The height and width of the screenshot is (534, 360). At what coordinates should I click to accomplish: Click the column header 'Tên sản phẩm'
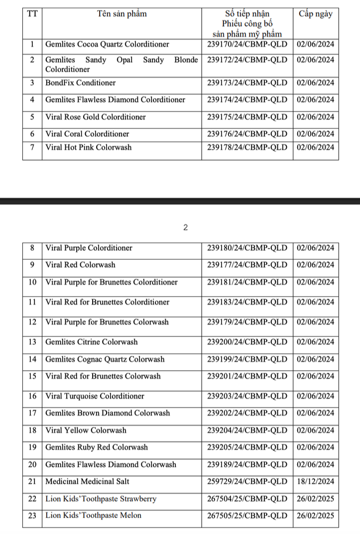tap(122, 14)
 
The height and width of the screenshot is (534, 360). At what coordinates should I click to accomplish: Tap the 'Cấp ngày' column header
tap(315, 14)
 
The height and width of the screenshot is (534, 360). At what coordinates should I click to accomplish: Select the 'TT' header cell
tap(32, 14)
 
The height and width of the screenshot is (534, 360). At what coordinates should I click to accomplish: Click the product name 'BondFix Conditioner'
tap(80, 83)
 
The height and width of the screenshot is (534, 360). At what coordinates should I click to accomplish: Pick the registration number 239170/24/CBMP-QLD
tap(247, 44)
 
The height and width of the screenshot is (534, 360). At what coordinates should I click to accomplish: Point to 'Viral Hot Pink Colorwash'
tap(89, 147)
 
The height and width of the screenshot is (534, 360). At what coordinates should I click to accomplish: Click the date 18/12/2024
tap(315, 482)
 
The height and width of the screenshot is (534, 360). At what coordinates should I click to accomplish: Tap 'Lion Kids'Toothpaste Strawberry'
tap(101, 499)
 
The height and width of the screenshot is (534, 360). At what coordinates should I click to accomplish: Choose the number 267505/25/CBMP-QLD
tap(247, 516)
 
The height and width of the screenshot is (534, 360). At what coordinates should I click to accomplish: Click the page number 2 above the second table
tap(185, 228)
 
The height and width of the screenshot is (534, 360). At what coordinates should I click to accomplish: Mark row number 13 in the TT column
tap(32, 342)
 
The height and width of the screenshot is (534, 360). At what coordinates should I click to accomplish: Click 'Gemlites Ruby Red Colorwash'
tap(97, 447)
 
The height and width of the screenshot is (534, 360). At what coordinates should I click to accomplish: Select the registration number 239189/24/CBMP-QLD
tap(247, 464)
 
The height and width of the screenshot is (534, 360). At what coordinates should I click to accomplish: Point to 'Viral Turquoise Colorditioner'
tap(95, 396)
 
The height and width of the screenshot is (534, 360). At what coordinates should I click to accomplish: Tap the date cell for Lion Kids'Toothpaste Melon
tap(315, 516)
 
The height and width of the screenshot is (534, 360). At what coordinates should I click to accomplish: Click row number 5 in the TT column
tap(32, 117)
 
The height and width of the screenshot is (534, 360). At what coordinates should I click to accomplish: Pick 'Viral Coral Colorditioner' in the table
tap(87, 134)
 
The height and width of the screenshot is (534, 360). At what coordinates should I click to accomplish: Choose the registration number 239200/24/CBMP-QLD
tap(247, 342)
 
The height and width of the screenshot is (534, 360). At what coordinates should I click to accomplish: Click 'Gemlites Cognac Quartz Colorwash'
tap(105, 359)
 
